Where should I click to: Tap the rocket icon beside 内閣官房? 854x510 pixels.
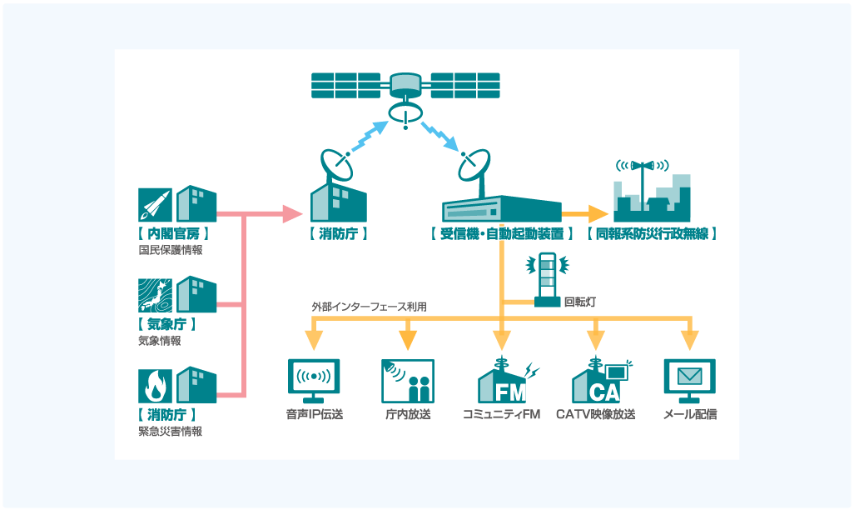point(154,204)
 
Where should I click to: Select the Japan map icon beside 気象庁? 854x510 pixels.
point(154,295)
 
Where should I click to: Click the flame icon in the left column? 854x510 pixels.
point(154,386)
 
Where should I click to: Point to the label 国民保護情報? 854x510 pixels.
point(171,249)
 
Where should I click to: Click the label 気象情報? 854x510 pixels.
point(160,340)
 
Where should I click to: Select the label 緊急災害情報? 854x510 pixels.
point(171,432)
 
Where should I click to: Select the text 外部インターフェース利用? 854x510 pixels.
point(369,307)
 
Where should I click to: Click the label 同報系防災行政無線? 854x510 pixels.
point(652,234)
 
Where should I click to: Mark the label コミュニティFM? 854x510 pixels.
point(501,414)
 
